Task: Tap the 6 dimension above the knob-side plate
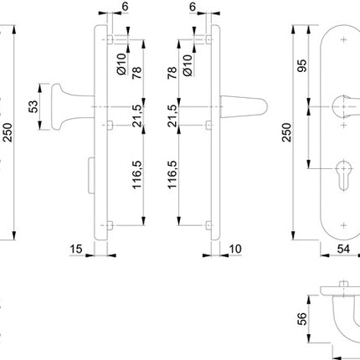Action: [125, 8]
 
